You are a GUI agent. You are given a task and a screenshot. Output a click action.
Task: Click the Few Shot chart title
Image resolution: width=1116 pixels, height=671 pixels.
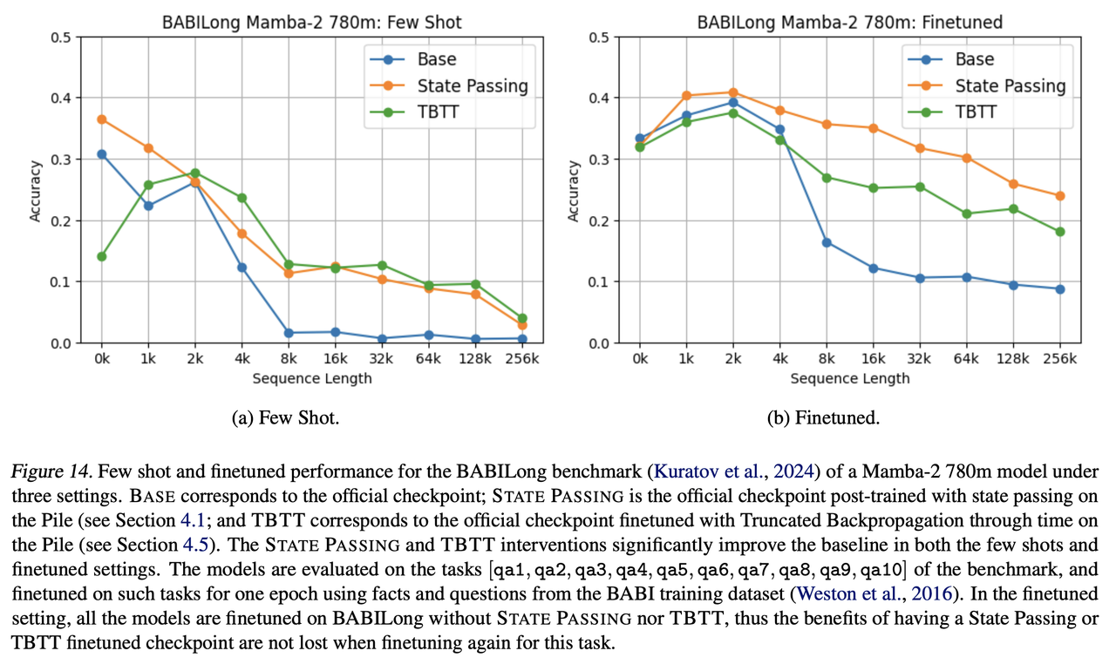[x=312, y=22]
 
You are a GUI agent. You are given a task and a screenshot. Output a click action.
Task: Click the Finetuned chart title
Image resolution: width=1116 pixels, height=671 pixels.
[x=850, y=22]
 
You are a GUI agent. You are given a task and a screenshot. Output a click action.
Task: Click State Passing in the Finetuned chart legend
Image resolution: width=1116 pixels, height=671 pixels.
[x=1010, y=85]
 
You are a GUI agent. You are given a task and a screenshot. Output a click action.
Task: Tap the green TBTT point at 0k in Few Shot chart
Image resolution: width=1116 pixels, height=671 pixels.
[x=101, y=256]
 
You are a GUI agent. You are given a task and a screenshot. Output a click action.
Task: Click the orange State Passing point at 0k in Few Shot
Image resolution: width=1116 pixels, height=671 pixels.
[x=101, y=119]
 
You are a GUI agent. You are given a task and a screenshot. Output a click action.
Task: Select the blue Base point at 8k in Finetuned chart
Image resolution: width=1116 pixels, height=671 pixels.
[x=827, y=242]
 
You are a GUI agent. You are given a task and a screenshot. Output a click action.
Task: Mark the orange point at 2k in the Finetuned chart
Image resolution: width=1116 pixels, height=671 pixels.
[x=732, y=92]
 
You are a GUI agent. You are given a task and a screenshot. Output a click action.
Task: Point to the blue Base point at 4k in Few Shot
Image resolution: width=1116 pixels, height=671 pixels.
[x=242, y=268]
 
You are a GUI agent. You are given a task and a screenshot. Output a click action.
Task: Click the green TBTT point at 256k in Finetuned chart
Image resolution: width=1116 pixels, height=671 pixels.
[x=1060, y=232]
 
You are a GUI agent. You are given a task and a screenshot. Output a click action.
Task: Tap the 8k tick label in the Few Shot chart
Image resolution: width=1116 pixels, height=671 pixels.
[x=289, y=358]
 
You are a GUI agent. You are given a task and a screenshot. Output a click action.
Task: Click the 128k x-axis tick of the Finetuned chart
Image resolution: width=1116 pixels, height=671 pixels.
[x=1013, y=358]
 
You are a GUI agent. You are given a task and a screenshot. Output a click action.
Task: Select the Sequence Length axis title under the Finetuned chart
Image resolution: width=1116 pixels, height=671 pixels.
[x=850, y=378]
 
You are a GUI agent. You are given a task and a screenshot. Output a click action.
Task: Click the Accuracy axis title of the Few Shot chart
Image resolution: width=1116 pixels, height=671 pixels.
[x=36, y=190]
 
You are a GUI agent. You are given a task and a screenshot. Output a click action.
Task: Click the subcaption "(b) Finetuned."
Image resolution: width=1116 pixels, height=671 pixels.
[x=823, y=418]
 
